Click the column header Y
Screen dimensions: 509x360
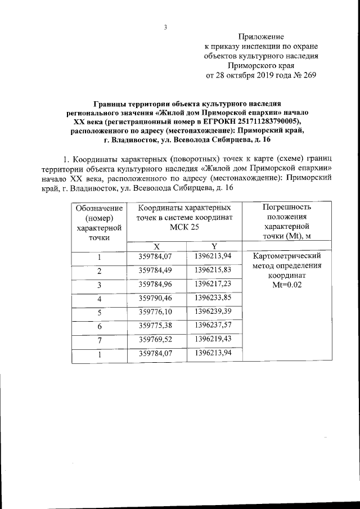[214, 246]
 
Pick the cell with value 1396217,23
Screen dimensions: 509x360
[213, 284]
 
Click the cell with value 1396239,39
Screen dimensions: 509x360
[213, 311]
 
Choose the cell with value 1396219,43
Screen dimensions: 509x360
[213, 339]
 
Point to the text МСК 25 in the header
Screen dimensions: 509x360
[184, 227]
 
